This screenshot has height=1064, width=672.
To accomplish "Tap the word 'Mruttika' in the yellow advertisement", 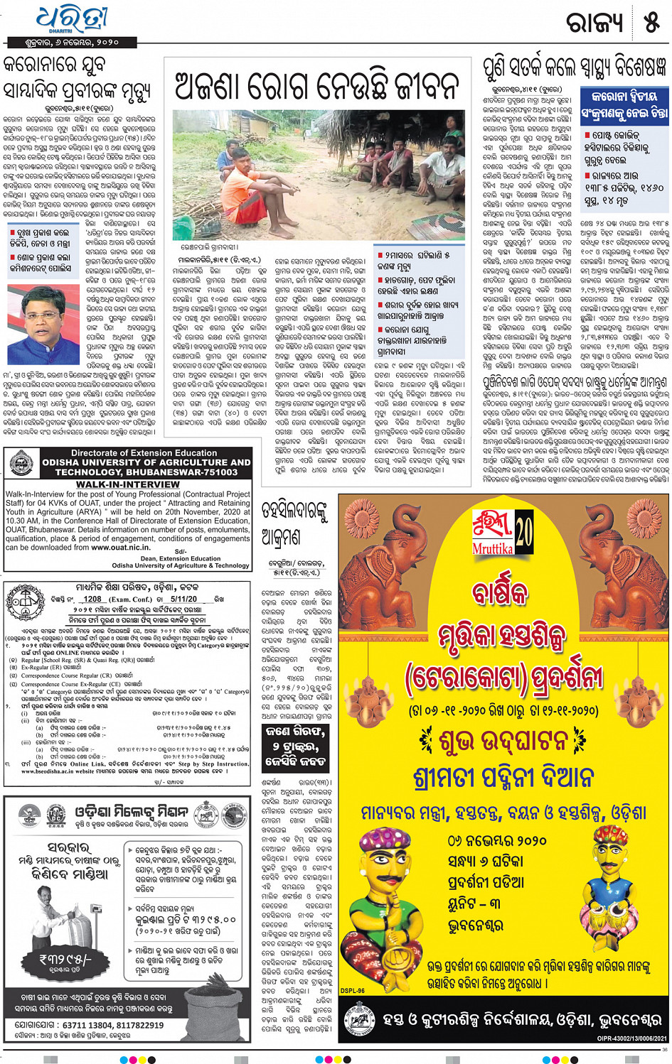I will (x=493, y=548).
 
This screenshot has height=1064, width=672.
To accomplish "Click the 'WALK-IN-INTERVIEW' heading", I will (x=128, y=484).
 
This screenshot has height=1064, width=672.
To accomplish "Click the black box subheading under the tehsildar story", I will (x=294, y=746).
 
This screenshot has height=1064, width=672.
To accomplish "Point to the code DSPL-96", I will (x=352, y=990).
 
